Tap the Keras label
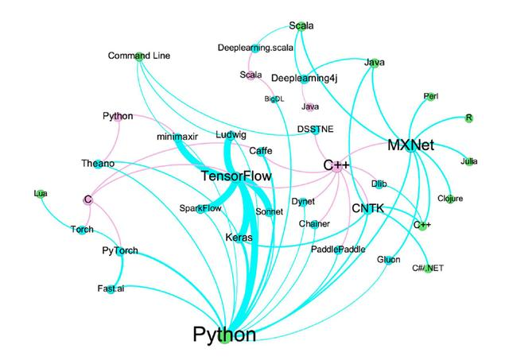tap(239, 238)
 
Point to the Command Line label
tap(139, 56)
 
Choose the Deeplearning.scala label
tap(255, 48)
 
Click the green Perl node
tap(431, 97)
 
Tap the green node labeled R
tap(469, 118)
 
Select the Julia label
tap(468, 162)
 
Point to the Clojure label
tap(450, 198)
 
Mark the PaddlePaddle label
tap(338, 249)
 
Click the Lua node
tap(41, 193)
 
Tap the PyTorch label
tap(120, 251)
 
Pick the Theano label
tap(98, 164)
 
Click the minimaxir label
tap(177, 137)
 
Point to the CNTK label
tap(367, 208)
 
